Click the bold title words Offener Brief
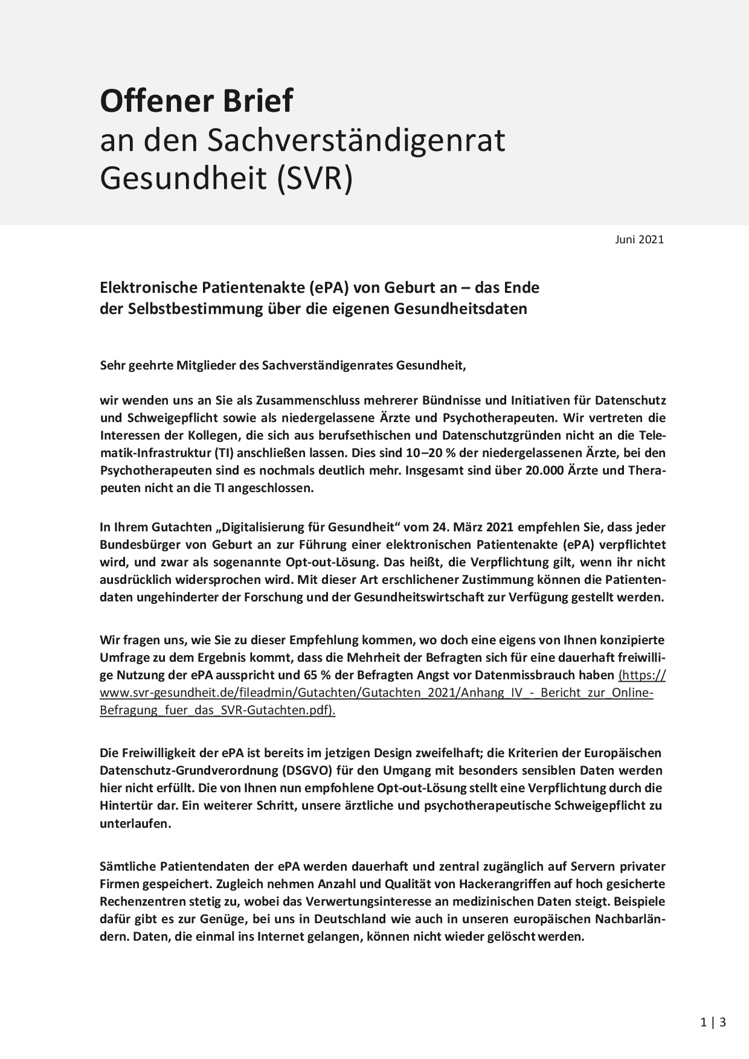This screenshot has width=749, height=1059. [x=196, y=101]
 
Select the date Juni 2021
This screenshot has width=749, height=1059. [x=640, y=239]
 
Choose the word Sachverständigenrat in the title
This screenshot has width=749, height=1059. [x=356, y=141]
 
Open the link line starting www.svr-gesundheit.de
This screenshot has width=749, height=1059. [x=376, y=693]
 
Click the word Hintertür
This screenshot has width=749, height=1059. [x=127, y=805]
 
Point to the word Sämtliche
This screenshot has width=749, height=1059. [x=127, y=866]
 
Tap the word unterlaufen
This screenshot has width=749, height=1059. [x=135, y=824]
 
